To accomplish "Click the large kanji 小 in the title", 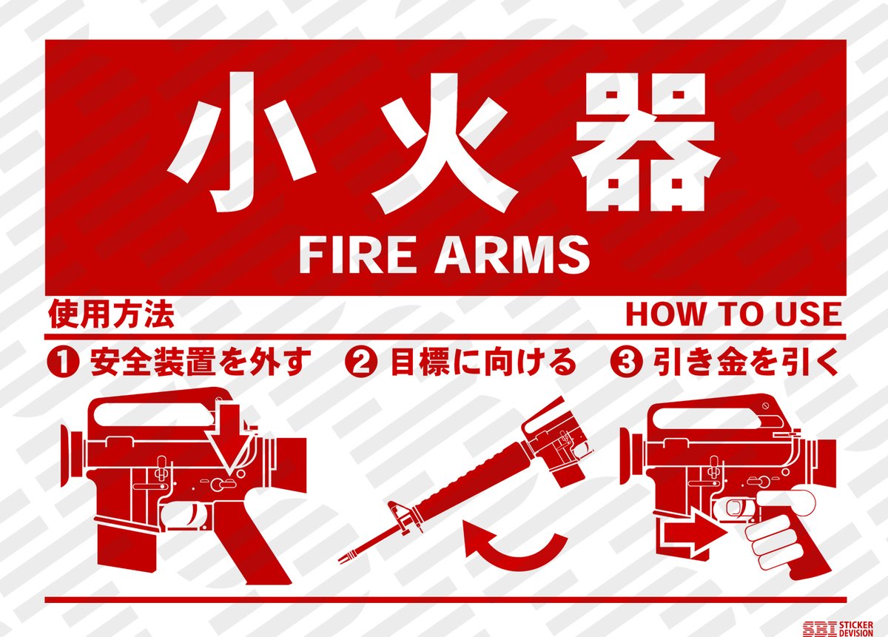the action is point(241,142).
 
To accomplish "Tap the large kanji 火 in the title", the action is point(444,143).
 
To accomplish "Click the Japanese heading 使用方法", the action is point(111,315).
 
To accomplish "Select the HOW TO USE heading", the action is point(733,314).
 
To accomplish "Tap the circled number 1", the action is point(63,363).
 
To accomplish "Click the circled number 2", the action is point(360,363).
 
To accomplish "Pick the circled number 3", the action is point(626,363).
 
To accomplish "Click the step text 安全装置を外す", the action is point(199,362).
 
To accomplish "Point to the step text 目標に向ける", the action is point(482,362).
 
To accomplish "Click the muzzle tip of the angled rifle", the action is point(343,560).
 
